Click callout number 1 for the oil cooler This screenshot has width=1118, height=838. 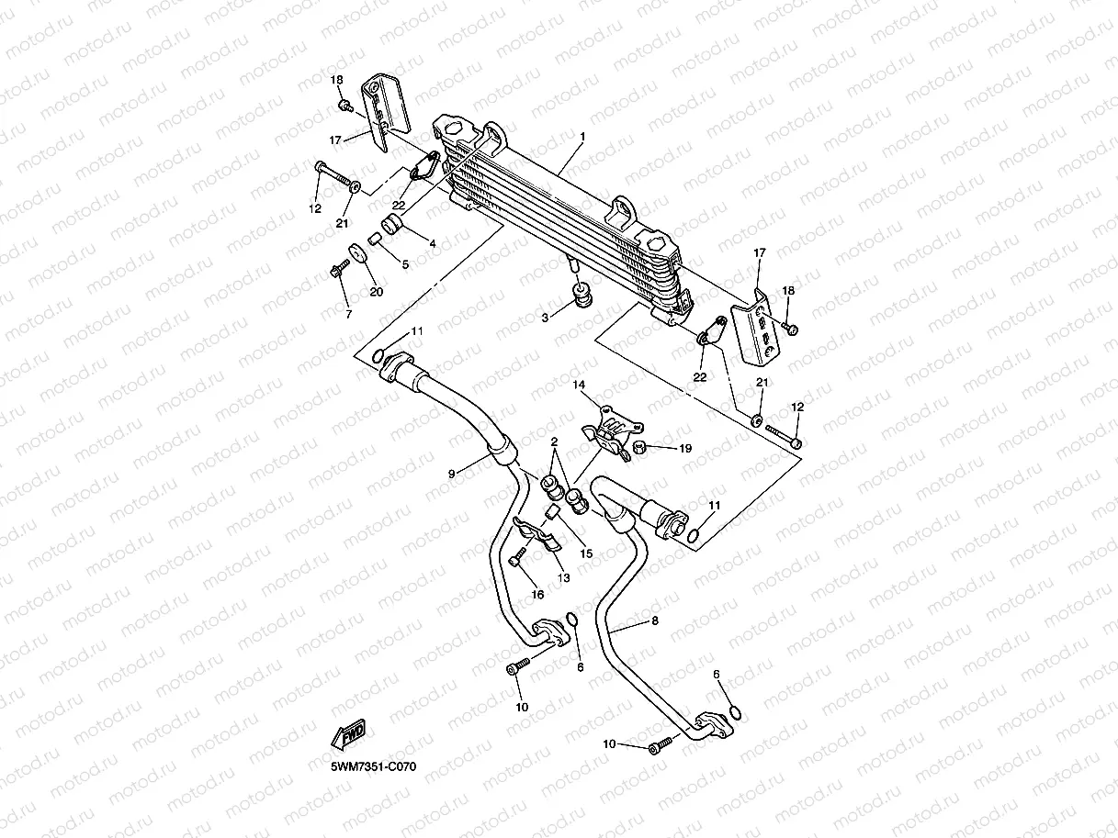tap(582, 137)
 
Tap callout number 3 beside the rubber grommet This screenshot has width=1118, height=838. tap(545, 318)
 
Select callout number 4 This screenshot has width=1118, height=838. tap(433, 244)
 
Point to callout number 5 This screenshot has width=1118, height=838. tap(405, 264)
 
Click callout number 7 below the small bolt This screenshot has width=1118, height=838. tap(348, 315)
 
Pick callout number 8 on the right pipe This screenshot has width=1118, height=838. tap(655, 620)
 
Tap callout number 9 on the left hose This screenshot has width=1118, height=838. tap(452, 474)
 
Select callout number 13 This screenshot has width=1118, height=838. tap(563, 578)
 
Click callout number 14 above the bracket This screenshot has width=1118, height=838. tap(579, 385)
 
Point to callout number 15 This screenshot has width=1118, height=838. tap(586, 553)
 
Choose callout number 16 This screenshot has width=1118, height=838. tap(537, 594)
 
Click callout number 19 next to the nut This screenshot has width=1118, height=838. tap(685, 448)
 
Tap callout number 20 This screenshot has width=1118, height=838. tap(377, 292)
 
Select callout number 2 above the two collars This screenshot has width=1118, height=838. tap(554, 441)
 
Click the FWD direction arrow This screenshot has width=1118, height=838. tap(348, 734)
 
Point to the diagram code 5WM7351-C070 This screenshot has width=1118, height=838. tap(373, 765)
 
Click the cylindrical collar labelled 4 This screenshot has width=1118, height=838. tap(391, 224)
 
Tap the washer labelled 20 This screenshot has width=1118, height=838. tap(358, 253)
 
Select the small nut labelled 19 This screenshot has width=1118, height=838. tap(640, 448)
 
